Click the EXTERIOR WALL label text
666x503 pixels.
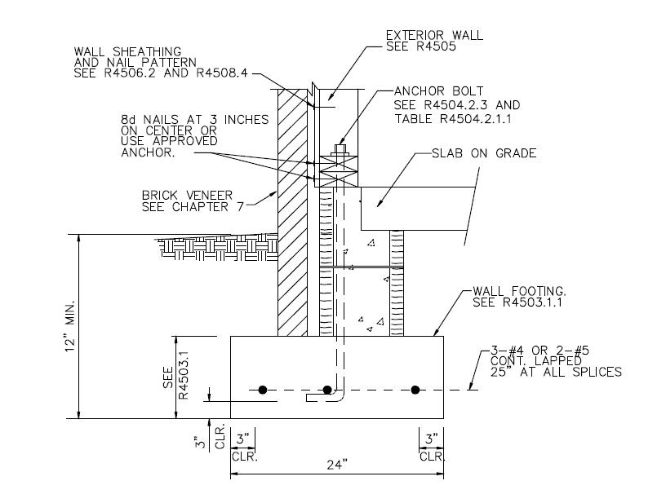pos(435,35)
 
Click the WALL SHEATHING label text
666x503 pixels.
pos(127,52)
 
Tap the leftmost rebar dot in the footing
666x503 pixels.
pos(263,390)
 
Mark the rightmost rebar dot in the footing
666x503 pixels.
pos(415,390)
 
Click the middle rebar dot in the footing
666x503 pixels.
pos(327,390)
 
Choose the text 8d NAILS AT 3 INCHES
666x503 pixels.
pos(194,119)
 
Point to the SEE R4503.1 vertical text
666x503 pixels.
pos(175,376)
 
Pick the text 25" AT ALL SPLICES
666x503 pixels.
pos(555,372)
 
